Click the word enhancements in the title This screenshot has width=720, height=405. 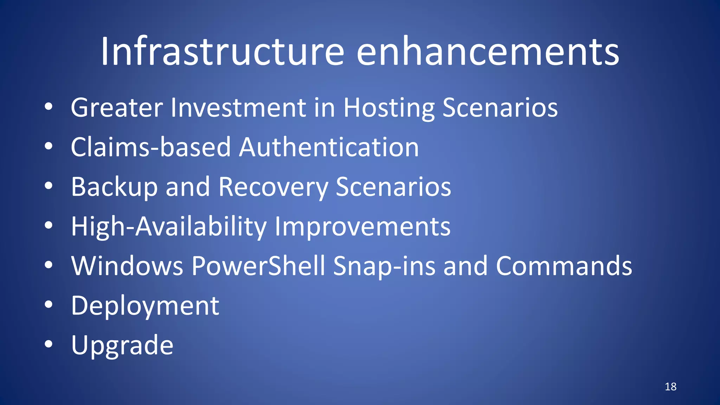click(x=488, y=52)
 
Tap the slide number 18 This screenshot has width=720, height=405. click(x=670, y=387)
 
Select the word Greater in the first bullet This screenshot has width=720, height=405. click(x=117, y=108)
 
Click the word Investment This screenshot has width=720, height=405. click(x=238, y=108)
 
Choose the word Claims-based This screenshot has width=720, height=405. click(x=150, y=147)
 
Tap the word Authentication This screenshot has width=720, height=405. click(x=329, y=147)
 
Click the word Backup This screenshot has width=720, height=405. click(x=114, y=187)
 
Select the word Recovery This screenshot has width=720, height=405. click(x=273, y=187)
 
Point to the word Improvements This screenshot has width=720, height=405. click(x=362, y=227)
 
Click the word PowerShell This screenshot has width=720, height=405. click(x=258, y=266)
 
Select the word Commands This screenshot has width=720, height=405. click(x=564, y=266)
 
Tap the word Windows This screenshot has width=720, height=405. click(x=127, y=266)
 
